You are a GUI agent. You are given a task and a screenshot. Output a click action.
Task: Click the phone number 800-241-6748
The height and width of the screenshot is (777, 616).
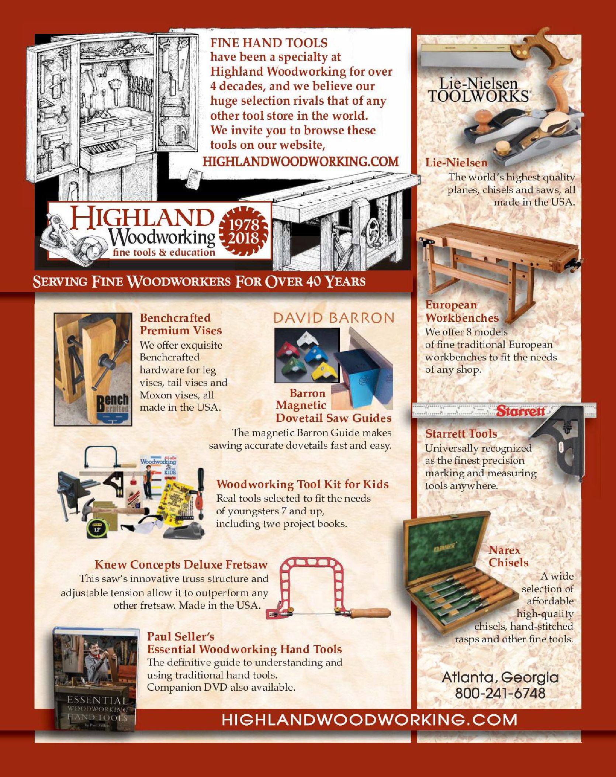[500, 693]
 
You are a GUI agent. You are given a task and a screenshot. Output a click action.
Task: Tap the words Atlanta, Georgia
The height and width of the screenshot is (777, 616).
[500, 677]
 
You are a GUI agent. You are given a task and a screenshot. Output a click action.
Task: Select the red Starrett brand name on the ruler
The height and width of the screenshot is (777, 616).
[520, 411]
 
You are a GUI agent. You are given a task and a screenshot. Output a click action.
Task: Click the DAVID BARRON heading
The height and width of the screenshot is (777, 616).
[333, 318]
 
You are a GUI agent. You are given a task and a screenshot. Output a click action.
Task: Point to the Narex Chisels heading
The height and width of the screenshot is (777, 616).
[508, 556]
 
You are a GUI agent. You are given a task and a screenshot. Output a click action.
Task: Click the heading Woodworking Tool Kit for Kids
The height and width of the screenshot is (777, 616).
[302, 484]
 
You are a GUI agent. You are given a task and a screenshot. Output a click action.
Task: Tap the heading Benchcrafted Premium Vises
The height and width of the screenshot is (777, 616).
[180, 324]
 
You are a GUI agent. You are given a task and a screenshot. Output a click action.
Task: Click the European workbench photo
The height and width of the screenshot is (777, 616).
[498, 264]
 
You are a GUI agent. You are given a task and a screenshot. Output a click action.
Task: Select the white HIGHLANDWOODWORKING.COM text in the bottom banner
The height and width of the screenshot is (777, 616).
[369, 720]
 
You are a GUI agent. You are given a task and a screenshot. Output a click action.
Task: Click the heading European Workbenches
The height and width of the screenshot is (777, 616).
[461, 311]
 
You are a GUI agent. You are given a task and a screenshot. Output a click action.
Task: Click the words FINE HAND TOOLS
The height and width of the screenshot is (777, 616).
[269, 43]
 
